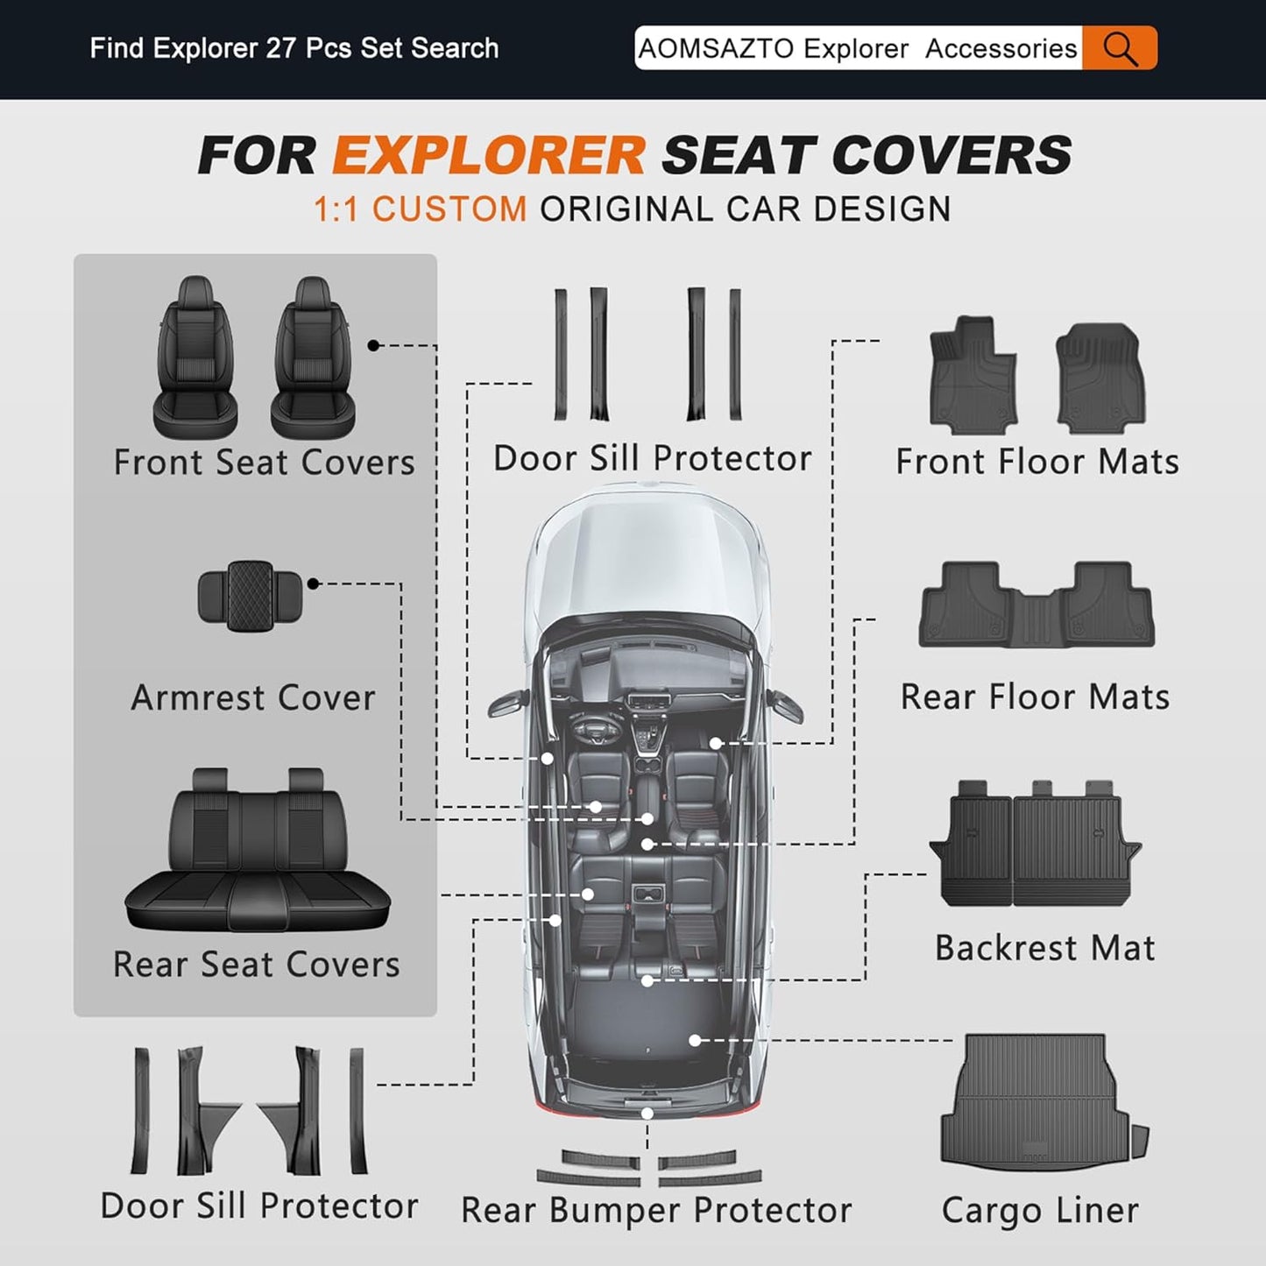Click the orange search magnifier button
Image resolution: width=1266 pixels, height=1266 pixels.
[x=1120, y=47]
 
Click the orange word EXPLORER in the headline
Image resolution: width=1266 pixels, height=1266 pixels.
[x=489, y=155]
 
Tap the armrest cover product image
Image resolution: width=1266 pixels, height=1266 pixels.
[x=250, y=596]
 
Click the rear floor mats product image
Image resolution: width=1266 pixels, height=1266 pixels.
[x=1036, y=605]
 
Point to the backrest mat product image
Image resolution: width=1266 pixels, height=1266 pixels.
[x=1036, y=845]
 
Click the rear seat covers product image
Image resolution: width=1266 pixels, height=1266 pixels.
[x=258, y=850]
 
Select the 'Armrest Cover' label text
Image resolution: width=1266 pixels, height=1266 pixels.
[x=253, y=697]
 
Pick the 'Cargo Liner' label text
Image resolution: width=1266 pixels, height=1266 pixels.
[x=1040, y=1211]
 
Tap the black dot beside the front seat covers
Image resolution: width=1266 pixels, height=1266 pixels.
[x=373, y=345]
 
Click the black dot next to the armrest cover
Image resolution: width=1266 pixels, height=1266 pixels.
[x=313, y=583]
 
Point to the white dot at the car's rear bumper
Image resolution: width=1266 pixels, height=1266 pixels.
[x=647, y=1114]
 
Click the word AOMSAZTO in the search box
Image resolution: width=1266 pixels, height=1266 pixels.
[x=718, y=48]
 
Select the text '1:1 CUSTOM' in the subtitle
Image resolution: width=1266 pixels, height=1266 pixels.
[x=421, y=209]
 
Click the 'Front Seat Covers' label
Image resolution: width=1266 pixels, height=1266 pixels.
[x=264, y=462]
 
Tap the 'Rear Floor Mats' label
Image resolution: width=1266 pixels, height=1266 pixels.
[x=1036, y=697]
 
